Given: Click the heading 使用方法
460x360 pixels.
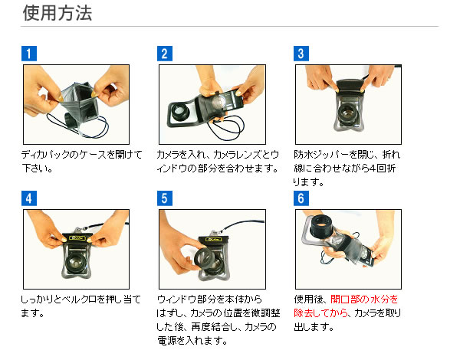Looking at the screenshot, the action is (x=58, y=13).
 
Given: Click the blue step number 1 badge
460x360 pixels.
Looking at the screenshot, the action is (x=29, y=54).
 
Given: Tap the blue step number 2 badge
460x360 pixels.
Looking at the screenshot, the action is (x=165, y=54).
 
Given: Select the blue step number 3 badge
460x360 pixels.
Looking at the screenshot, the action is (x=301, y=54).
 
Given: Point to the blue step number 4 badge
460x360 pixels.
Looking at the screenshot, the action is (x=29, y=198).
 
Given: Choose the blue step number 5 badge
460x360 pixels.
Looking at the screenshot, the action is (x=165, y=198).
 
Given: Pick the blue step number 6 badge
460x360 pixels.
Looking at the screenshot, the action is (x=301, y=198).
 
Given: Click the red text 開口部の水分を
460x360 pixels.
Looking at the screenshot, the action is (x=364, y=299).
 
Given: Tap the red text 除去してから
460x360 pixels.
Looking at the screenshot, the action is (x=320, y=313).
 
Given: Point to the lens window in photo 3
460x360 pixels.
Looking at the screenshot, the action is (x=347, y=113).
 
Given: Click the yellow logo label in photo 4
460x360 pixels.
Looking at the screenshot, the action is (x=77, y=237).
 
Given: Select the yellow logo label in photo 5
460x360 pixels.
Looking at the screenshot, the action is (x=213, y=239).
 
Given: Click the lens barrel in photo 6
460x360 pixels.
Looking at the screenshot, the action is (x=323, y=226).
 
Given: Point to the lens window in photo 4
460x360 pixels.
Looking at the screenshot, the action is (x=76, y=263).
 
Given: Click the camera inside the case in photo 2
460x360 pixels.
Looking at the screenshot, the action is (x=224, y=101).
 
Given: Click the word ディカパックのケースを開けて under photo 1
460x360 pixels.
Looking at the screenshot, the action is (x=82, y=154).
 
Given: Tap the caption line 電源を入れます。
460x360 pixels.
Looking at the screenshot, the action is (x=192, y=341).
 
